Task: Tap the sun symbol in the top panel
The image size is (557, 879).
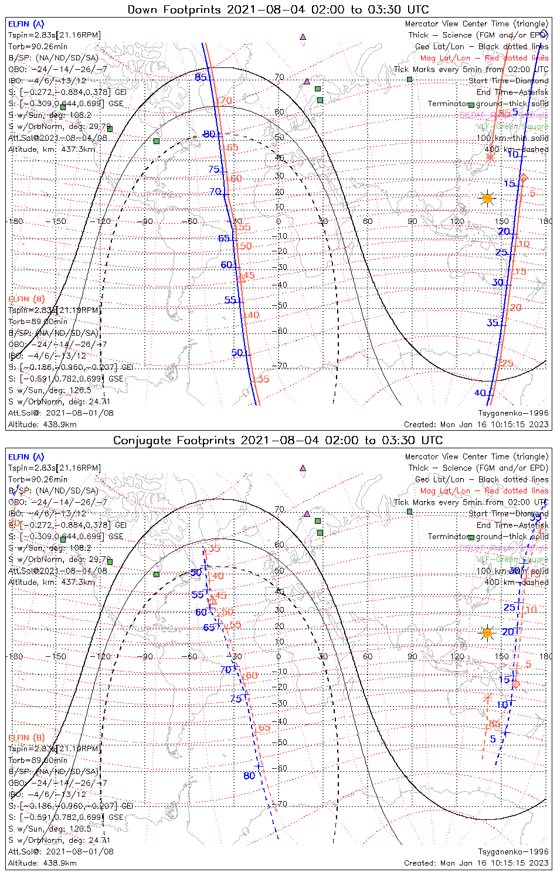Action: pyautogui.click(x=487, y=199)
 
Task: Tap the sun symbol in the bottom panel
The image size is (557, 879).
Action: pyautogui.click(x=487, y=633)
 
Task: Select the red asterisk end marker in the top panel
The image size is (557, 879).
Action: pyautogui.click(x=491, y=157)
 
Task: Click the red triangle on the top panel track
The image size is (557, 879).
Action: pyautogui.click(x=240, y=278)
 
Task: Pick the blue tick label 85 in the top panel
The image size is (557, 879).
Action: pyautogui.click(x=201, y=77)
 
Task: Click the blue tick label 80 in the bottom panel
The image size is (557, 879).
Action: pyautogui.click(x=249, y=775)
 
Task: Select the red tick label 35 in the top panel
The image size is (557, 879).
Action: pyautogui.click(x=263, y=379)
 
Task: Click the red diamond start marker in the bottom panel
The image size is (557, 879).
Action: pyautogui.click(x=516, y=684)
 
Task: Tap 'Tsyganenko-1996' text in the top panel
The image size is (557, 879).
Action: pyautogui.click(x=513, y=413)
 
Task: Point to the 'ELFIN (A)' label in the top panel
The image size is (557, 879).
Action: pyautogui.click(x=26, y=24)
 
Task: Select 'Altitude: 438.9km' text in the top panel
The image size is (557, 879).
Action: pyautogui.click(x=42, y=424)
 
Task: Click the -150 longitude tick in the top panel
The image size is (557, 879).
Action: pyautogui.click(x=59, y=222)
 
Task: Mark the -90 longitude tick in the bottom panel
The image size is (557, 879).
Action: pyautogui.click(x=147, y=656)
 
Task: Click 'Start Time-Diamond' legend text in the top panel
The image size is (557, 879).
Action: pyautogui.click(x=508, y=81)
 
